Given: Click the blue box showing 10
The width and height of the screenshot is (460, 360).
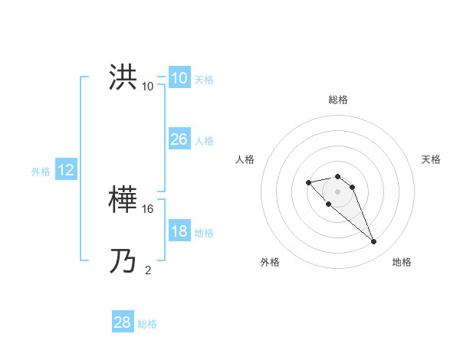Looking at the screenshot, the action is pyautogui.click(x=179, y=78).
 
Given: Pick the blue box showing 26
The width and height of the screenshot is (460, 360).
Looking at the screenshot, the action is pyautogui.click(x=179, y=139).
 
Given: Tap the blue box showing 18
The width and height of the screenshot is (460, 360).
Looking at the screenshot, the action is pyautogui.click(x=179, y=231).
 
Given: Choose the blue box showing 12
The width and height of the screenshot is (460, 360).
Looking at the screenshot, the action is pyautogui.click(x=66, y=170).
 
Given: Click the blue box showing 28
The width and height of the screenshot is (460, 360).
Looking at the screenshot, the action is pyautogui.click(x=122, y=322).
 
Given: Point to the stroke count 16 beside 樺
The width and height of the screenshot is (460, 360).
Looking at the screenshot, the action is pyautogui.click(x=148, y=208).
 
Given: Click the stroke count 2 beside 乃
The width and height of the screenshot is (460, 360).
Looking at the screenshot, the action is pyautogui.click(x=148, y=270).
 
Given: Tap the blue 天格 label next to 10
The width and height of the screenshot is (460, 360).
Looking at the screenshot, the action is pyautogui.click(x=204, y=80).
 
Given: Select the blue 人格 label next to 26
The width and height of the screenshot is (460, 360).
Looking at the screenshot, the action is pyautogui.click(x=204, y=141).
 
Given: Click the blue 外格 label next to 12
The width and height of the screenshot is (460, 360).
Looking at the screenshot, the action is pyautogui.click(x=41, y=172).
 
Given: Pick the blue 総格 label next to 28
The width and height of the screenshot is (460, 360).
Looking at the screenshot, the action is pyautogui.click(x=147, y=324).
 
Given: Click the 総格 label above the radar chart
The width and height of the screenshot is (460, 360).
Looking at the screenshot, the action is pyautogui.click(x=337, y=100).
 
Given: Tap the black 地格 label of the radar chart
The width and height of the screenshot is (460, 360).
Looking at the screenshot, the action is pyautogui.click(x=402, y=262).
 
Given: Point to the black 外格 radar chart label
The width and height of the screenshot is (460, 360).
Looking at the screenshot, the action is pyautogui.click(x=270, y=262).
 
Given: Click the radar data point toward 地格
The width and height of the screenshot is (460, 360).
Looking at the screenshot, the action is pyautogui.click(x=373, y=242).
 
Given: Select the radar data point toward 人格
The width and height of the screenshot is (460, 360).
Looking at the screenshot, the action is pyautogui.click(x=308, y=182).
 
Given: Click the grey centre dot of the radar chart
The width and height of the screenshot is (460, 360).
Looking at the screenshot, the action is pyautogui.click(x=337, y=191).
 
